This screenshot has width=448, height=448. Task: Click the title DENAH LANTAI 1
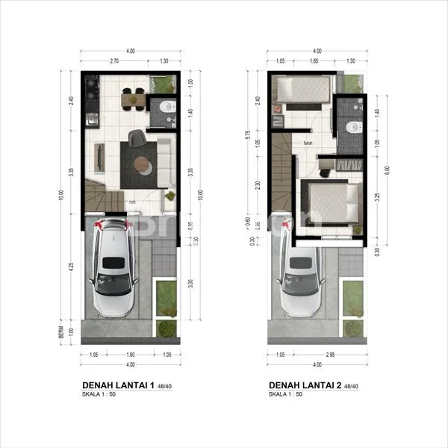click(116, 385)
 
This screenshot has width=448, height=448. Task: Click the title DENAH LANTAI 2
click(303, 385)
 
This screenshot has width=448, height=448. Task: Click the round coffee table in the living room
click(140, 164)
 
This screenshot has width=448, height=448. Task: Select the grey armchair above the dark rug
click(137, 137)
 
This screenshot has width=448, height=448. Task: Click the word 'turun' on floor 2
click(307, 143)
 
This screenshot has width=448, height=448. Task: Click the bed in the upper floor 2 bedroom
click(303, 90)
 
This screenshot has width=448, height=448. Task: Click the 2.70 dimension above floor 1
click(115, 61)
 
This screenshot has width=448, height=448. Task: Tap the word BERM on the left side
click(69, 332)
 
